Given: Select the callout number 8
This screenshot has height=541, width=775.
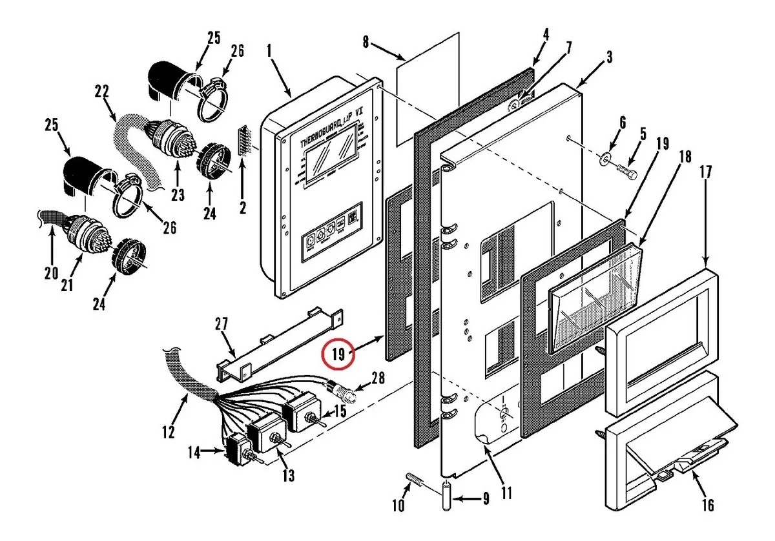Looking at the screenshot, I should click(x=366, y=43).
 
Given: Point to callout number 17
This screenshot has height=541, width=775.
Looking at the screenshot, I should click(x=705, y=173).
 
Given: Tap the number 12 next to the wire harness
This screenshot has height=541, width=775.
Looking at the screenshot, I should click(x=169, y=433).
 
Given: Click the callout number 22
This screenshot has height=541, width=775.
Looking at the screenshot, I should click(x=101, y=92).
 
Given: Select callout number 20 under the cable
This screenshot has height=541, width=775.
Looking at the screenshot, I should click(x=52, y=274).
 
